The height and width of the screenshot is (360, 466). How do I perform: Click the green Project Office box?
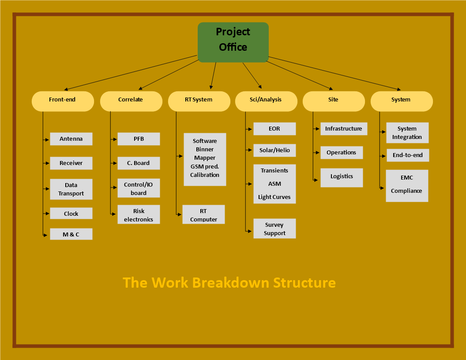point(233,42)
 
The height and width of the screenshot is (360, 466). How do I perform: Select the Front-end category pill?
point(63,101)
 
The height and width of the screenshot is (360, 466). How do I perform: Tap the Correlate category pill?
point(131,101)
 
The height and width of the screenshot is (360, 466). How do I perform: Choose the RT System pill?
point(199,101)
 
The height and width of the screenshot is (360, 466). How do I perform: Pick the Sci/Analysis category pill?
point(266,101)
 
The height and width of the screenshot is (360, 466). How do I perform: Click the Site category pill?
point(334,101)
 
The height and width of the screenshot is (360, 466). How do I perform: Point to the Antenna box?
point(71,139)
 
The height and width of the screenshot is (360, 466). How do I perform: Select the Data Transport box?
point(71,189)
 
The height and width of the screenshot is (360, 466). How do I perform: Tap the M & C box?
point(71,234)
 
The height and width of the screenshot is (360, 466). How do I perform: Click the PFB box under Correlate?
point(139,139)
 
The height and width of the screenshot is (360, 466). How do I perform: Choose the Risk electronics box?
point(139,214)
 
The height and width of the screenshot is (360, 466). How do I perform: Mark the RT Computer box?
point(203,214)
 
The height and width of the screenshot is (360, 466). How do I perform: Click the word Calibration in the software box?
point(205,175)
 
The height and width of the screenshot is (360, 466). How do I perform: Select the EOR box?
point(274,129)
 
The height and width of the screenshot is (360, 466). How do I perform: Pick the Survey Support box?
point(274,229)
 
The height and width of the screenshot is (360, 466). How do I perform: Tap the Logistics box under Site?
point(342,178)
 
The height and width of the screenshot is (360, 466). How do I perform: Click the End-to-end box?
point(408,155)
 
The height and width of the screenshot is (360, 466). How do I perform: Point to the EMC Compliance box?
point(407,186)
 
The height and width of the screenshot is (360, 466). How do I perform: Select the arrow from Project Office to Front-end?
point(131,72)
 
